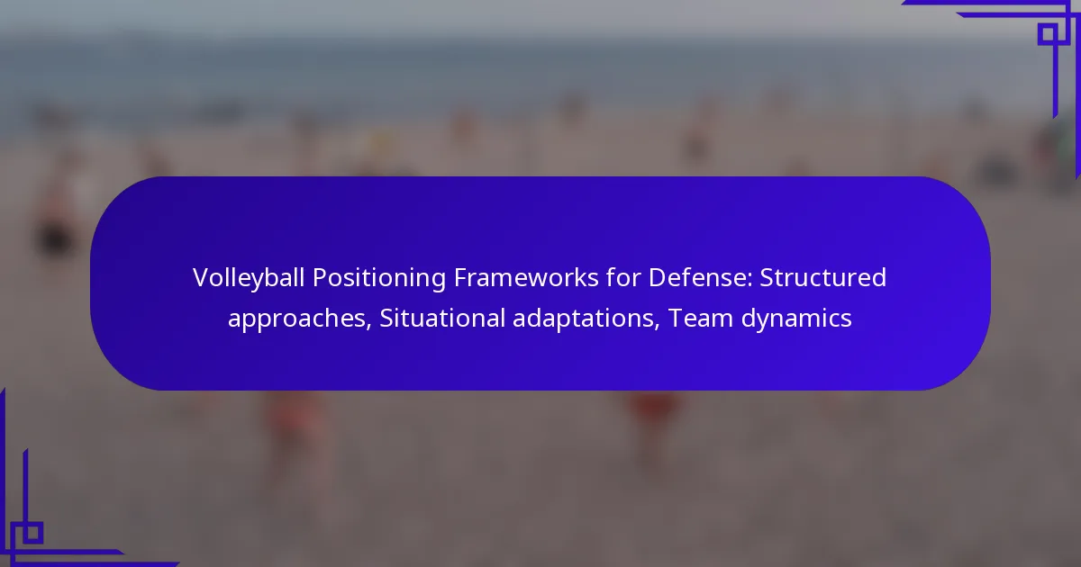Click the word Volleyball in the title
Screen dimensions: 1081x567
tap(248, 279)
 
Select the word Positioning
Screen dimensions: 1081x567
tap(379, 279)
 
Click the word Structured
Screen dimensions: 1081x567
tap(822, 278)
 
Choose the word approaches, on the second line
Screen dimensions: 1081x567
tap(300, 319)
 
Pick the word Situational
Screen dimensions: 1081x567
tap(442, 319)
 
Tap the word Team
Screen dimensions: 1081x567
tap(701, 319)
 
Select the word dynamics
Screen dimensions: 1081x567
tap(796, 319)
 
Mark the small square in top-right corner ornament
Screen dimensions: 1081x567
tap(1048, 34)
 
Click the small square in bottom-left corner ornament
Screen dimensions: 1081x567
tap(33, 533)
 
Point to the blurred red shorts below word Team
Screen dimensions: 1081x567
tap(652, 405)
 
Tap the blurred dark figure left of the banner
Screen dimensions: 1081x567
tap(55, 238)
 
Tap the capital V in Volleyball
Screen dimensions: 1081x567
tap(201, 278)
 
